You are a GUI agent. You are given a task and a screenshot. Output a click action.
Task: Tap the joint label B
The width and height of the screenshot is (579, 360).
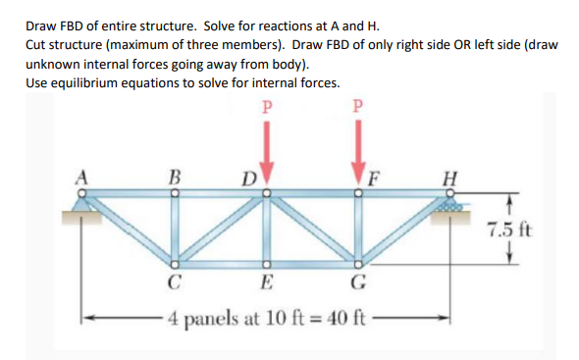pos(175,178)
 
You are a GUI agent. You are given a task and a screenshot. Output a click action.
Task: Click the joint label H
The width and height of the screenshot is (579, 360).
pos(451,178)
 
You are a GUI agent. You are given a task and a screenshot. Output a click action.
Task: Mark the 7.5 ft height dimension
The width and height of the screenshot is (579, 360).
pos(509,232)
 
